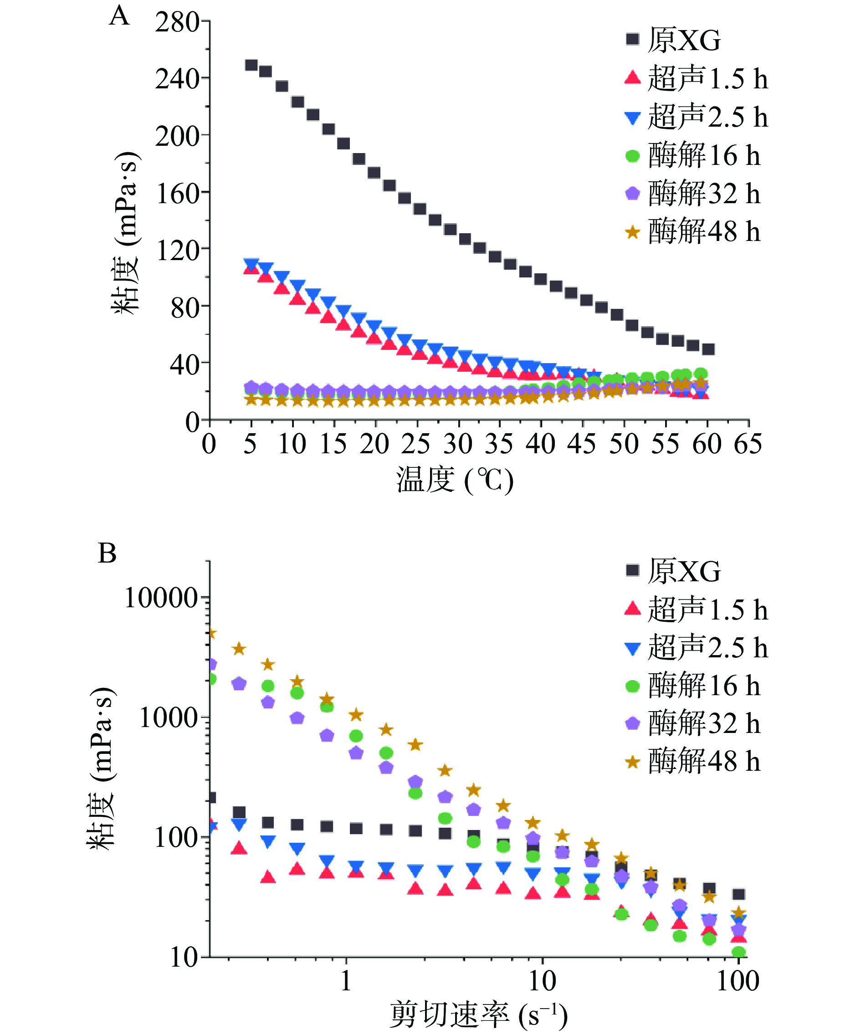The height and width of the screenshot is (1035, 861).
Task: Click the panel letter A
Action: (x=119, y=16)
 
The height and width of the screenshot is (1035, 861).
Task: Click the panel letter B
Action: (x=107, y=553)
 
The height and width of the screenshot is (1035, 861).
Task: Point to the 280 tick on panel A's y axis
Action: (x=177, y=22)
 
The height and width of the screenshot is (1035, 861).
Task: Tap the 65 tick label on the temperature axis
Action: (x=748, y=444)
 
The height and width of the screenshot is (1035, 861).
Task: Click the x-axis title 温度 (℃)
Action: (x=454, y=480)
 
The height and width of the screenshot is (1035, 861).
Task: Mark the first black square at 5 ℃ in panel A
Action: (x=251, y=65)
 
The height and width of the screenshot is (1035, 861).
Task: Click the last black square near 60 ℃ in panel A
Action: (x=708, y=349)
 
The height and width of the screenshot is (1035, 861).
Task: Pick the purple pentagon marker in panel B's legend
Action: (x=632, y=723)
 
